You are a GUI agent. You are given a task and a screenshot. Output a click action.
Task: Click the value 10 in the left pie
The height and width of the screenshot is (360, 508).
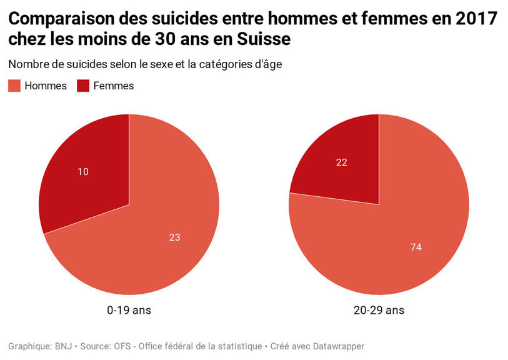pos(83,171)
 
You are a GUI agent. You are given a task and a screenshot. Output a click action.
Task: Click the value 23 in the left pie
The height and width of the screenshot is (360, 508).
pos(174,237)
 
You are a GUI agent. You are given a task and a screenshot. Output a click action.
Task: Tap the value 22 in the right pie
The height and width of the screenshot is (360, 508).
pos(341,162)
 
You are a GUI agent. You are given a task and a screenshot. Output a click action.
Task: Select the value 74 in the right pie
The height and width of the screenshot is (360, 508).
pos(416,247)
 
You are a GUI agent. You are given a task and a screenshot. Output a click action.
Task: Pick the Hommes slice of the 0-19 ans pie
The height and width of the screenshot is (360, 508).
pos(144,250)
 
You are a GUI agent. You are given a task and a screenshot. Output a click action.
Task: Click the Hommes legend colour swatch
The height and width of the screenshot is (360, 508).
pos(14,86)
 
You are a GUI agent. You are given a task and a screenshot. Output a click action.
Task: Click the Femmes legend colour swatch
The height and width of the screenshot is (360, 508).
pos(83,86)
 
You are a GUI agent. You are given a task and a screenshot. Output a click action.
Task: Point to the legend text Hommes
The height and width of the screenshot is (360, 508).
pos(45,86)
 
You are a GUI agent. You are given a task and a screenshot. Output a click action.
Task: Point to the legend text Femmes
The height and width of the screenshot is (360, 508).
pos(114,86)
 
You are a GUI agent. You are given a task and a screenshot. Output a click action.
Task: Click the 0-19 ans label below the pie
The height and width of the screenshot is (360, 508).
pos(129,310)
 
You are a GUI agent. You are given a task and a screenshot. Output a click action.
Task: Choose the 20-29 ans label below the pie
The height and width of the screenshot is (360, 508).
pos(379,310)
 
